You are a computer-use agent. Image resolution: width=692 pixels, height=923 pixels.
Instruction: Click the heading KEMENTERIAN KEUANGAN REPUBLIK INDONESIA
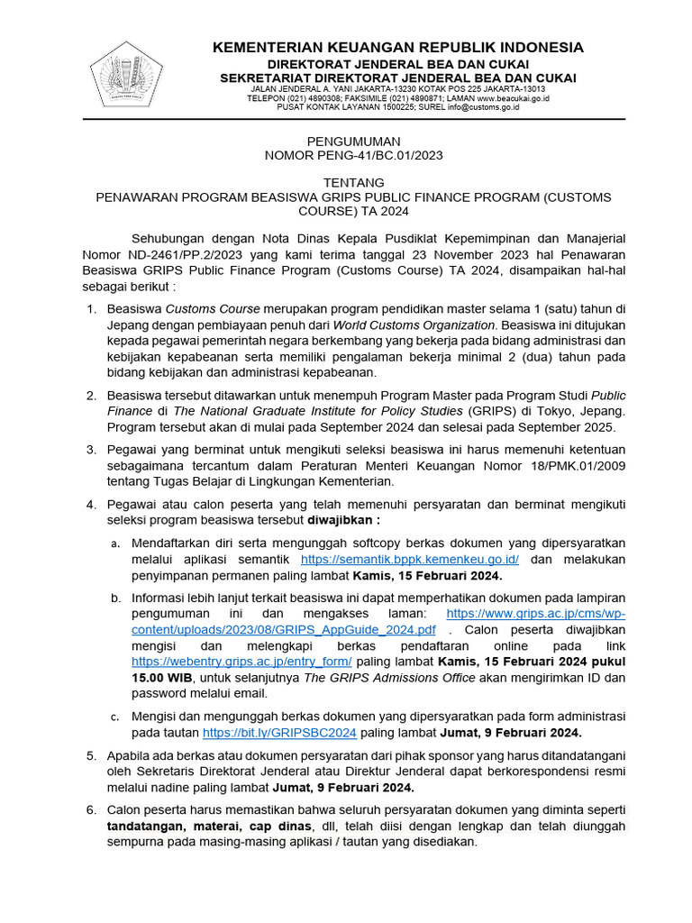pyautogui.click(x=398, y=47)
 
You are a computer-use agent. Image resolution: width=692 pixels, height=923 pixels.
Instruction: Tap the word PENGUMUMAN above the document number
pyautogui.click(x=353, y=142)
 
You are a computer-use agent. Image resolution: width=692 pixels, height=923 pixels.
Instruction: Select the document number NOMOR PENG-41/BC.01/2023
pyautogui.click(x=353, y=155)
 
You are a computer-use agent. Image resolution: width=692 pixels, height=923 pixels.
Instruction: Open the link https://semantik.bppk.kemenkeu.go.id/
pyautogui.click(x=410, y=560)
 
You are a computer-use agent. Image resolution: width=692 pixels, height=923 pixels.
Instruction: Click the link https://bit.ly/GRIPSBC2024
pyautogui.click(x=279, y=733)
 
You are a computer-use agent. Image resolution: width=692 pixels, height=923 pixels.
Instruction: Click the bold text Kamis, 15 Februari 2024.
pyautogui.click(x=427, y=576)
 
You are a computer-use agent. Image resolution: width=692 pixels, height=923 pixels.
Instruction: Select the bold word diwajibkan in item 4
pyautogui.click(x=341, y=520)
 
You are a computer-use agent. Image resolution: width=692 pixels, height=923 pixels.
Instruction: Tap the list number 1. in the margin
pyautogui.click(x=91, y=309)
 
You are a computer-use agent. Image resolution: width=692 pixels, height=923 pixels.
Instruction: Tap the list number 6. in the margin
pyautogui.click(x=91, y=810)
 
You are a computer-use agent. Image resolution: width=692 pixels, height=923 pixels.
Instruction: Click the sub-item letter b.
pyautogui.click(x=115, y=599)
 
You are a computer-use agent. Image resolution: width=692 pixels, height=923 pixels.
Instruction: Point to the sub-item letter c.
pyautogui.click(x=115, y=717)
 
